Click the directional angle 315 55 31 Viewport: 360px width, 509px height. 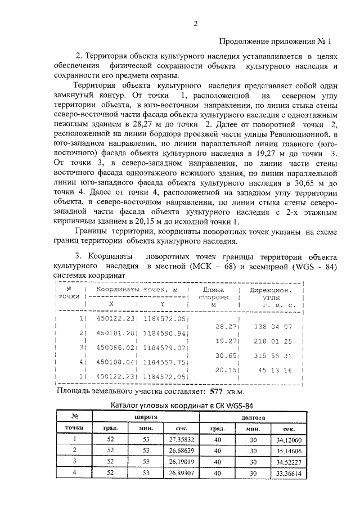[273, 355]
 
